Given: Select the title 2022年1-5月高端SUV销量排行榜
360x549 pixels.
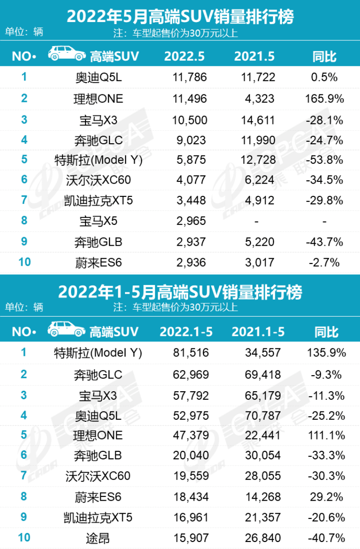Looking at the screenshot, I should point(180,292).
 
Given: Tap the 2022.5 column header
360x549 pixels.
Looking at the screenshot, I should point(184,56).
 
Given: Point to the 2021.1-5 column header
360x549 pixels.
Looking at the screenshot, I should point(258,332).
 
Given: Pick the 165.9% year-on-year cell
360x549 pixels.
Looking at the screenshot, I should point(324,99).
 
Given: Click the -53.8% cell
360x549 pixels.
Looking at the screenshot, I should point(324,160).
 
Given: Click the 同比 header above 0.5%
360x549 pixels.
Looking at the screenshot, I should point(324,56).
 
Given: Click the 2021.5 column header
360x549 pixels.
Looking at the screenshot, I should point(254,56).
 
